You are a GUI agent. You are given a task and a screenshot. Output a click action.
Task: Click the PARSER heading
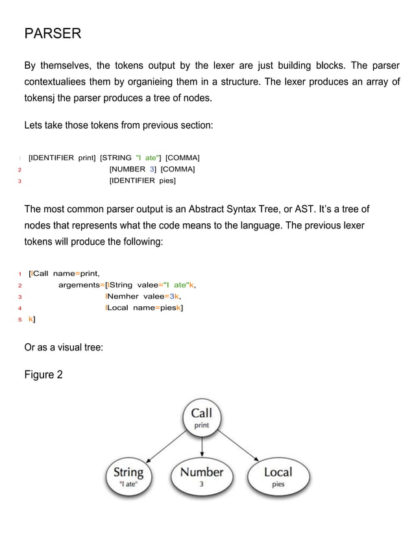[53, 34]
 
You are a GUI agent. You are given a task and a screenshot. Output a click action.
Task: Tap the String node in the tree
[128, 477]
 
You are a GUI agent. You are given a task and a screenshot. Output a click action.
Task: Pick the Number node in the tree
[202, 477]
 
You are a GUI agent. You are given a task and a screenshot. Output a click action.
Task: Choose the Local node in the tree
[278, 477]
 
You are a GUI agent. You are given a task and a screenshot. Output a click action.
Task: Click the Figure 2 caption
[43, 374]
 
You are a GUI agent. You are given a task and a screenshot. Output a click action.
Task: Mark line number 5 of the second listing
[21, 320]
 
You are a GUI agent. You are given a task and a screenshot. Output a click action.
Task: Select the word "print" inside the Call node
[202, 426]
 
